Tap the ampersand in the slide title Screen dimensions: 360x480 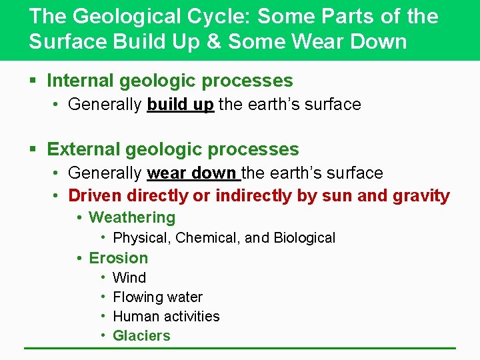click(x=212, y=41)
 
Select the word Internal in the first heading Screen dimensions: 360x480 click(x=81, y=81)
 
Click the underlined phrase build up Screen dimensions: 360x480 click(x=180, y=105)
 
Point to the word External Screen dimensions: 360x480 click(x=81, y=149)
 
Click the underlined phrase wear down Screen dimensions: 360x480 click(x=192, y=173)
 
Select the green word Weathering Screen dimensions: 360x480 click(x=132, y=217)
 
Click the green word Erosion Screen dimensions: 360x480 click(x=119, y=258)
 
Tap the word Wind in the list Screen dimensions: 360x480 click(x=129, y=277)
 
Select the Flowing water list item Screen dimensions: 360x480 click(x=157, y=297)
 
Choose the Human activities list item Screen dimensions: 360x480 click(x=166, y=316)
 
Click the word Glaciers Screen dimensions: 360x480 click(x=141, y=336)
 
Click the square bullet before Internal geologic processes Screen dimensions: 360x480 click(x=33, y=81)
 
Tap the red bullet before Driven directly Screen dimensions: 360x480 click(x=57, y=196)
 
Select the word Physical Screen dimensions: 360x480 click(x=139, y=238)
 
